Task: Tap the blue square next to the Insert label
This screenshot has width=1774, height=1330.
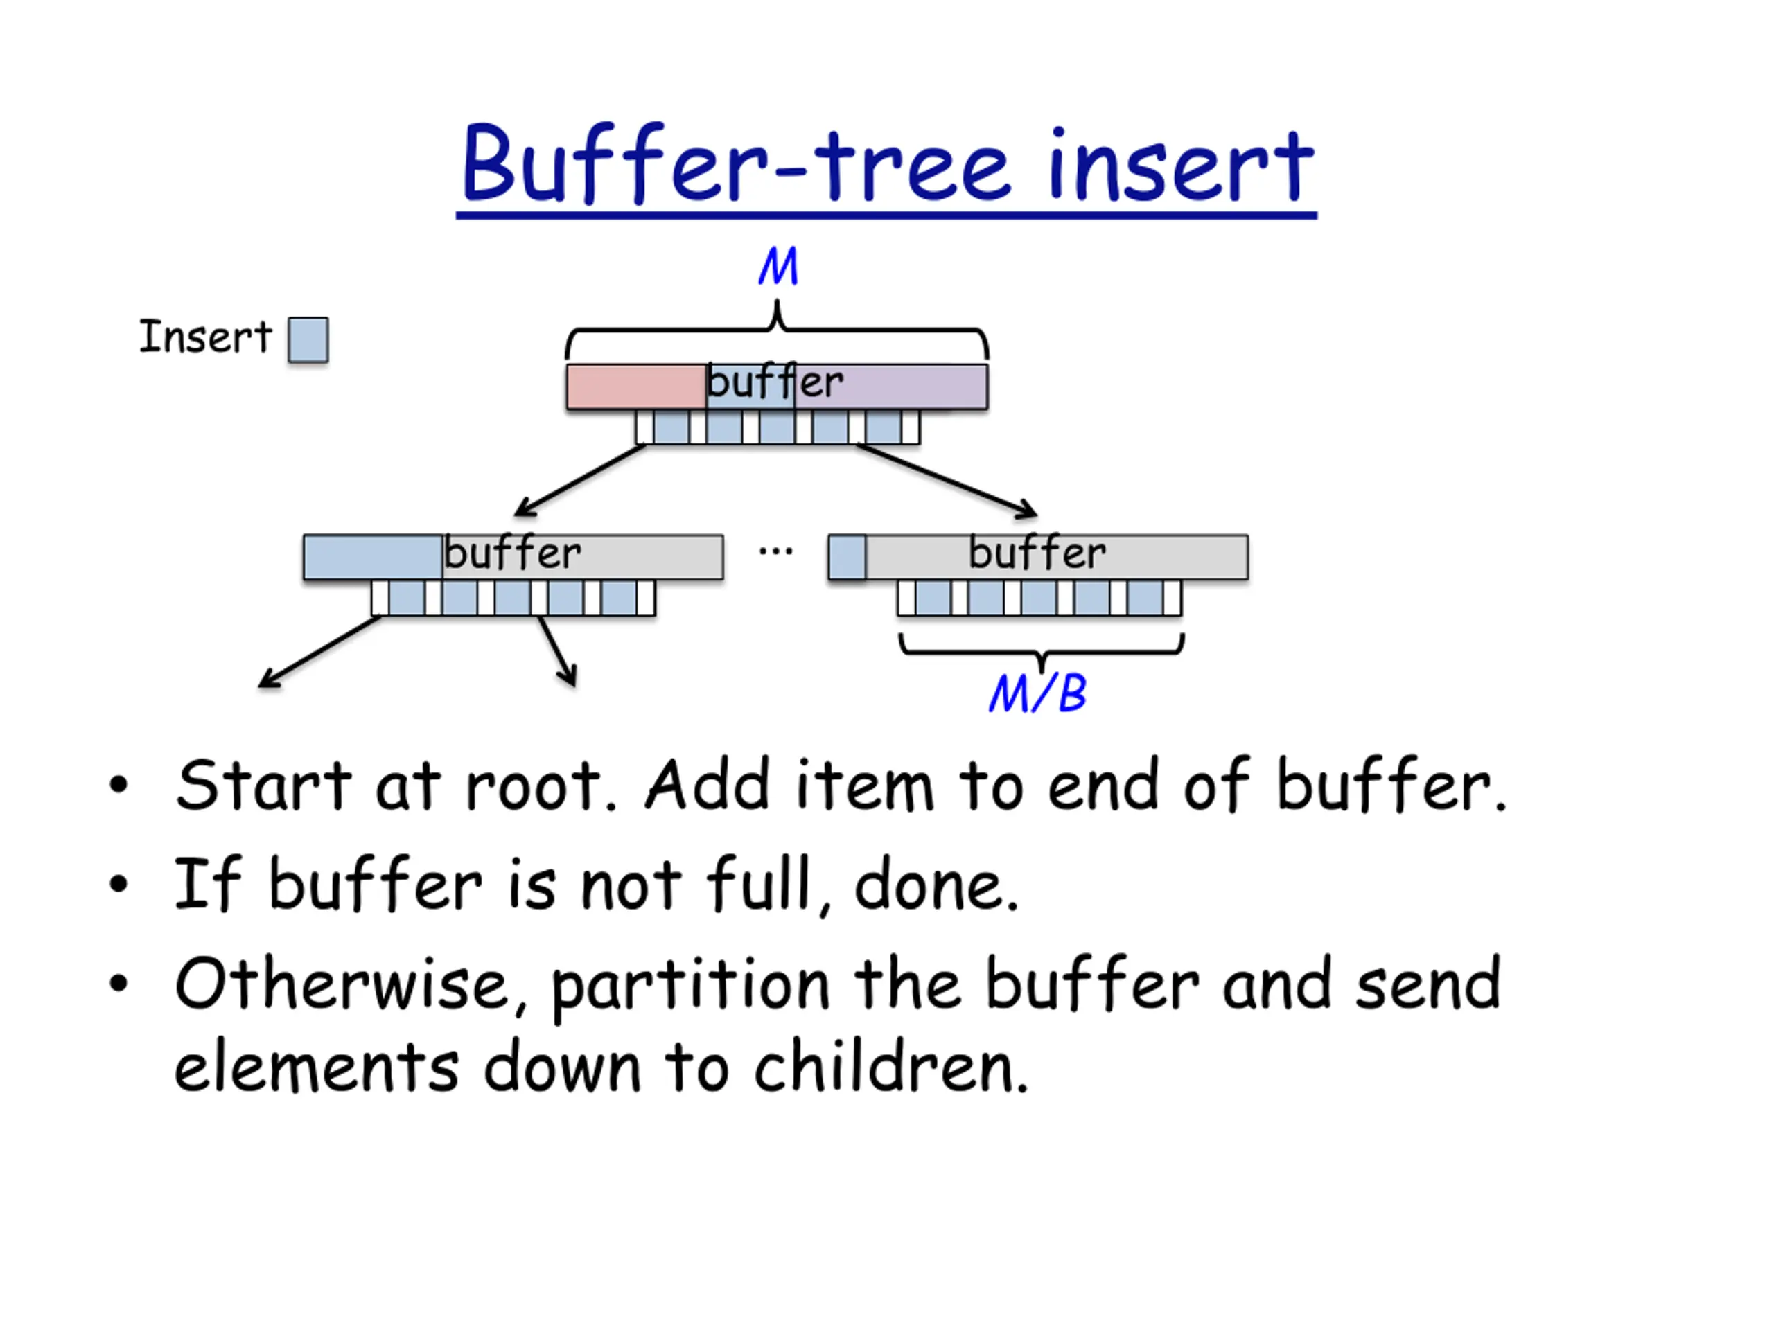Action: [308, 340]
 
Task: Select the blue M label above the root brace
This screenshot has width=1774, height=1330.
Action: [778, 266]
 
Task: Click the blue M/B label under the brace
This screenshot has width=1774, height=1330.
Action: [1038, 693]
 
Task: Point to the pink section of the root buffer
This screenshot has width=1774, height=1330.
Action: [637, 387]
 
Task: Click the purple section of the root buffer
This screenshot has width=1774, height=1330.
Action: [891, 387]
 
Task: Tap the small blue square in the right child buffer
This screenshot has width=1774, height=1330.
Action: [847, 557]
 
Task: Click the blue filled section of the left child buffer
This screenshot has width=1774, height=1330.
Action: [373, 557]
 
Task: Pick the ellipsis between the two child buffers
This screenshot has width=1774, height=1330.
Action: [775, 551]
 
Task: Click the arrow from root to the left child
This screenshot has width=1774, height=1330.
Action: [580, 479]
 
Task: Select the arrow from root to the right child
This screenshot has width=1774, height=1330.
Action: [947, 479]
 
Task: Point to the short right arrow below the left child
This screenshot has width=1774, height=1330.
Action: [557, 651]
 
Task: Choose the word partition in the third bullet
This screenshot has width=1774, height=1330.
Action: [690, 988]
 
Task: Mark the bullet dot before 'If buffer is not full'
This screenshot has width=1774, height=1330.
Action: [118, 885]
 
